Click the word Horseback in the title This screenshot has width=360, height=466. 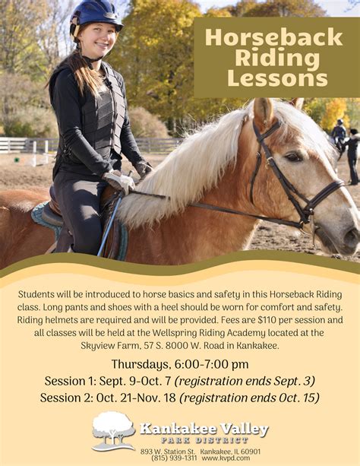274,37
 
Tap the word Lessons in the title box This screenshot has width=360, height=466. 277,78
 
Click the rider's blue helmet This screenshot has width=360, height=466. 95,17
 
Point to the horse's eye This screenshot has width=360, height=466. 293,157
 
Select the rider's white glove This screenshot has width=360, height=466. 119,181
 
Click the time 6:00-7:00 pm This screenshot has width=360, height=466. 211,364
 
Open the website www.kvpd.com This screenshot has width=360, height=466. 226,458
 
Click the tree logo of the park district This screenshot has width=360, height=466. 113,431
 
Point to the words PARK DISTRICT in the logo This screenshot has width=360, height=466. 204,440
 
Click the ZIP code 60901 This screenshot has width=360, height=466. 251,452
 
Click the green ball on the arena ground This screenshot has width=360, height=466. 17,160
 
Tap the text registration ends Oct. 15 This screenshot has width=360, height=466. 250,398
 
